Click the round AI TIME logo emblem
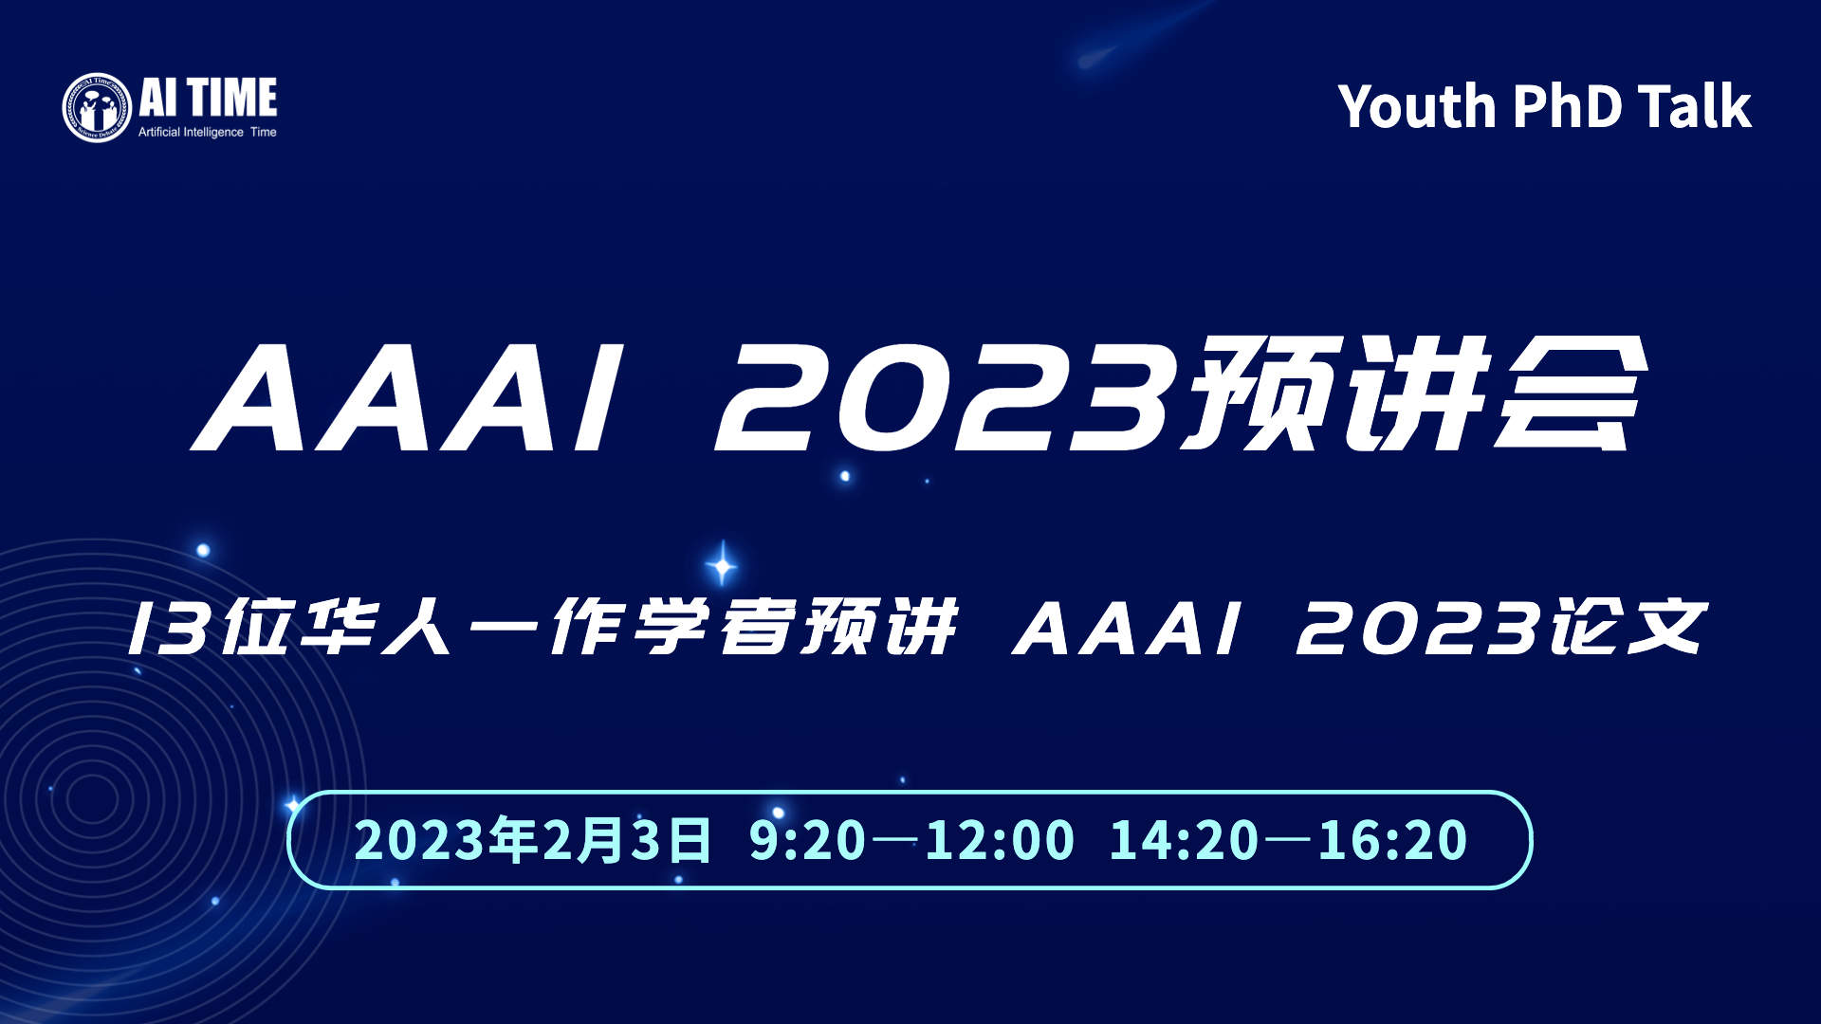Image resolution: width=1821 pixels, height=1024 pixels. (x=97, y=108)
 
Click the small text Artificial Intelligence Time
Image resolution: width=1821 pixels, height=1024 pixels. (x=208, y=132)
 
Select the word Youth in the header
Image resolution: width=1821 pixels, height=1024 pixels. (x=1417, y=105)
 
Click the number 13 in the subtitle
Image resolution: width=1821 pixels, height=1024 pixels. (x=169, y=628)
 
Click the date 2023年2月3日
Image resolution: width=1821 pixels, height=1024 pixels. (x=533, y=840)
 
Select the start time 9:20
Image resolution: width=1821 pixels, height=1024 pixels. (x=807, y=840)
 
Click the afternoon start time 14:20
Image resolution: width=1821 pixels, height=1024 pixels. (x=1183, y=840)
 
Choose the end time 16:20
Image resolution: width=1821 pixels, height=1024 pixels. (x=1393, y=840)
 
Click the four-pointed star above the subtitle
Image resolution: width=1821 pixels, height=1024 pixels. (x=723, y=565)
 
